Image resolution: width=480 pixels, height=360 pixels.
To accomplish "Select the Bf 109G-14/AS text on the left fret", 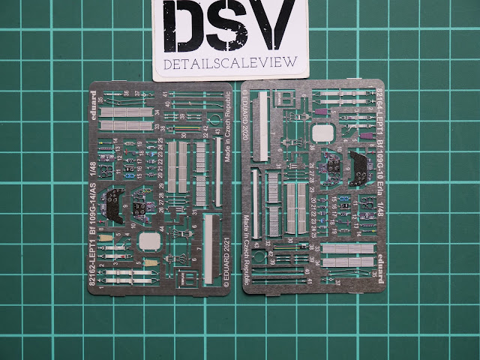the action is [92, 218].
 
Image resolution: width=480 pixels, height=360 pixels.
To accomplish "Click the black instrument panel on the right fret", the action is [358, 164].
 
